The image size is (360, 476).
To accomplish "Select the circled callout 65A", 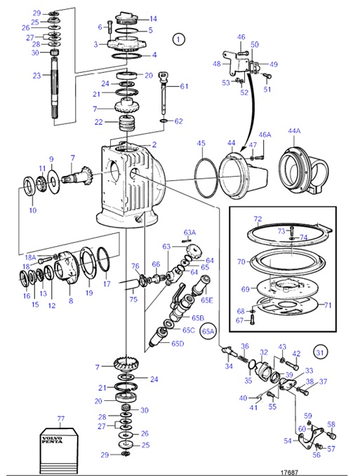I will (x=208, y=330).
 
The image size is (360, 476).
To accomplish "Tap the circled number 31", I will (x=319, y=351).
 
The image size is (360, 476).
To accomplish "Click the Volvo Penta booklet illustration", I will (x=61, y=449).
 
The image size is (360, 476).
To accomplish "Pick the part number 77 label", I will (x=60, y=419).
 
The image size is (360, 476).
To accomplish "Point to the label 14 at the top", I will (x=153, y=19).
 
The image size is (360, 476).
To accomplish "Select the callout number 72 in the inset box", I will (x=257, y=219).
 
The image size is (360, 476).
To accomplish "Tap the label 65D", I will (x=178, y=344).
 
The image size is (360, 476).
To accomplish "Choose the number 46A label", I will (x=264, y=134).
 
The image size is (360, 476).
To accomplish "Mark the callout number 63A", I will (x=189, y=232).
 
